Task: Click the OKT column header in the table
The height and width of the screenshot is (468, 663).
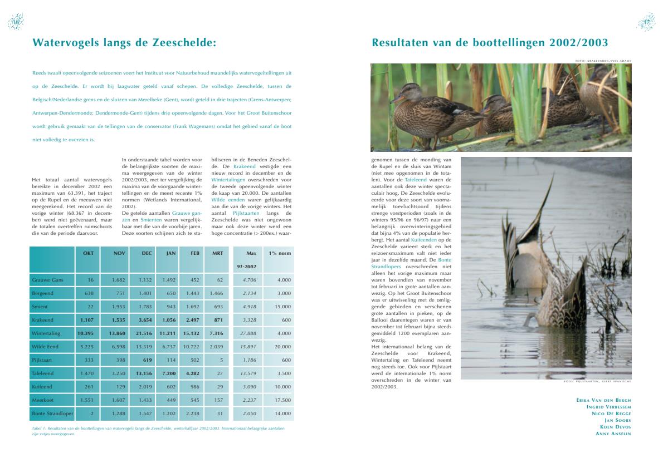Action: click(88, 253)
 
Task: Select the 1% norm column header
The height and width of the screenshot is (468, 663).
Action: click(280, 253)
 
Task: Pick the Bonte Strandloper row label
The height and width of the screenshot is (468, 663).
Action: click(52, 413)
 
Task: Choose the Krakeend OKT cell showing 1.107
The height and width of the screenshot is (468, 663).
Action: click(87, 320)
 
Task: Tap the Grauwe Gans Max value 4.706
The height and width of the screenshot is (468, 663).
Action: click(249, 280)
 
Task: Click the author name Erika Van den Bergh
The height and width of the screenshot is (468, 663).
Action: click(604, 400)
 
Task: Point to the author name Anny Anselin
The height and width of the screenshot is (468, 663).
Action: click(613, 433)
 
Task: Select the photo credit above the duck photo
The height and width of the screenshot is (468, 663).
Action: click(603, 61)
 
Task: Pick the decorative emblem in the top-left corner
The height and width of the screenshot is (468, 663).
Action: click(15, 22)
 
